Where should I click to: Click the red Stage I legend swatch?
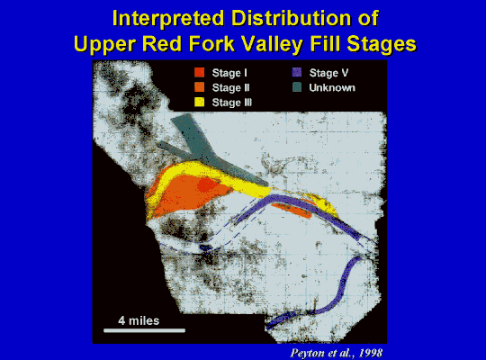(x=199, y=73)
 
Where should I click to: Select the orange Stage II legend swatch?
(x=199, y=87)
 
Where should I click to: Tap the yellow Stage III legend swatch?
(x=199, y=102)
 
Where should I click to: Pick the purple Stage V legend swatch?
(x=297, y=73)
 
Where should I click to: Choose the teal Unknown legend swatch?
(x=297, y=87)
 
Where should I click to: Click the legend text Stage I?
(x=229, y=73)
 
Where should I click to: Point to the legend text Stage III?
(x=232, y=103)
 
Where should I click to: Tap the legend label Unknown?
(x=332, y=88)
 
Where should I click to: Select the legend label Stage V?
(x=328, y=73)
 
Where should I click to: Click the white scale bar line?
(x=144, y=330)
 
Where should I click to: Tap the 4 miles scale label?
(x=139, y=320)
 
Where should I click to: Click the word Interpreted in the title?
(x=168, y=19)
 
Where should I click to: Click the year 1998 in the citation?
(x=371, y=353)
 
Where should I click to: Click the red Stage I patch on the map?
(x=207, y=185)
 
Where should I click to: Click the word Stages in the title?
(x=382, y=44)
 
